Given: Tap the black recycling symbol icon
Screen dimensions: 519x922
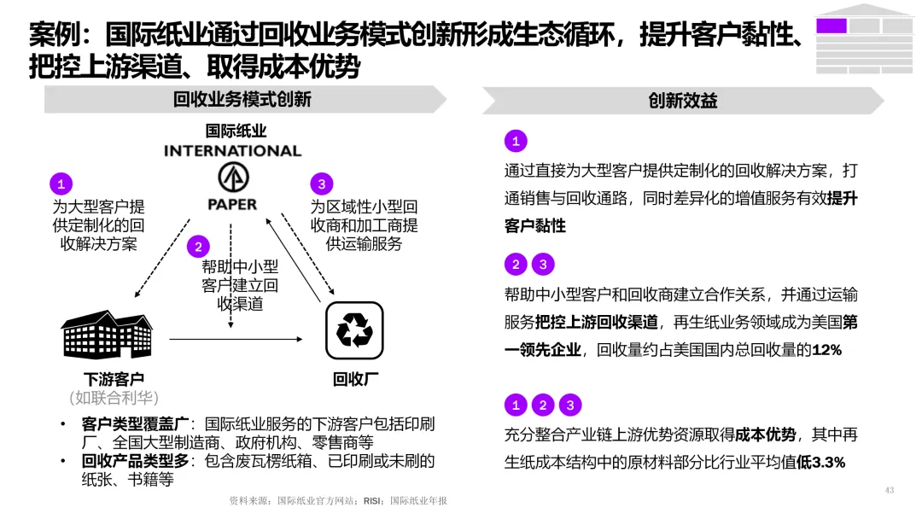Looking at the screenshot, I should pos(354,330).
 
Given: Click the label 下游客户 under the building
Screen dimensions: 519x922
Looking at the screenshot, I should pos(114,379).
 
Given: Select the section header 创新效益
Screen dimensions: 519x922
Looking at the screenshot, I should pos(683,101).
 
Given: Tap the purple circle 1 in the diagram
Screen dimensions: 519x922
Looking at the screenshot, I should pos(61,184).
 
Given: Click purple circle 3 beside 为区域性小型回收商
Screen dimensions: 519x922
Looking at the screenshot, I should pos(321,184).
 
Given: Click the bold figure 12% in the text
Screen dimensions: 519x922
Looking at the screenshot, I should pos(826,350).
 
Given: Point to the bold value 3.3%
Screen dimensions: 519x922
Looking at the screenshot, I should pos(827,463).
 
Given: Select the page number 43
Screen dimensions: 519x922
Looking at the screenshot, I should pos(889,490).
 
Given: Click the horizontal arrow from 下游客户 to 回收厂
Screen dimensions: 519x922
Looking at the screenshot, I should pos(236,339).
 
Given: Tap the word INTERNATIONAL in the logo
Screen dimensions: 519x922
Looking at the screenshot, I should pos(232,151).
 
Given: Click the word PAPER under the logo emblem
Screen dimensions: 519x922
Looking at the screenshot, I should pos(232,205).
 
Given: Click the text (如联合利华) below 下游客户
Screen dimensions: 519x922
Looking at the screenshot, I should pos(114,398).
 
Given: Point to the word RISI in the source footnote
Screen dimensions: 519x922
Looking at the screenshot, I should pos(372,501).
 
